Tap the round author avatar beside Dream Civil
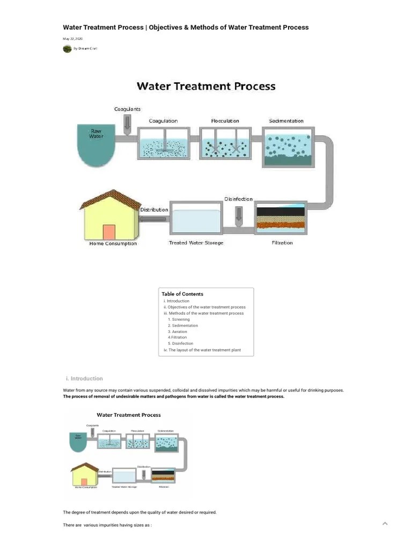[x=67, y=48]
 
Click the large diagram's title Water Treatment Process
[x=206, y=86]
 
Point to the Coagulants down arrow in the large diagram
[x=127, y=124]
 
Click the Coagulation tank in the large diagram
[x=164, y=143]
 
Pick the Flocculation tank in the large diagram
[x=225, y=143]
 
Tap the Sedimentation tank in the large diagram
[x=286, y=147]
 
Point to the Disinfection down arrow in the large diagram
[x=239, y=215]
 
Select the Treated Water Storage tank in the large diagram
[x=196, y=219]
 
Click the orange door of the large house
[x=109, y=232]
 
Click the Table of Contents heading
[x=182, y=294]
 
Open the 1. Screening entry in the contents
[x=179, y=320]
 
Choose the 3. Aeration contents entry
[x=178, y=331]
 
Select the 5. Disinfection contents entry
[x=180, y=344]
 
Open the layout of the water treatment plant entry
[x=202, y=350]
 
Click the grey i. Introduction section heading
[x=87, y=379]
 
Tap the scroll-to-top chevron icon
[x=385, y=523]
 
